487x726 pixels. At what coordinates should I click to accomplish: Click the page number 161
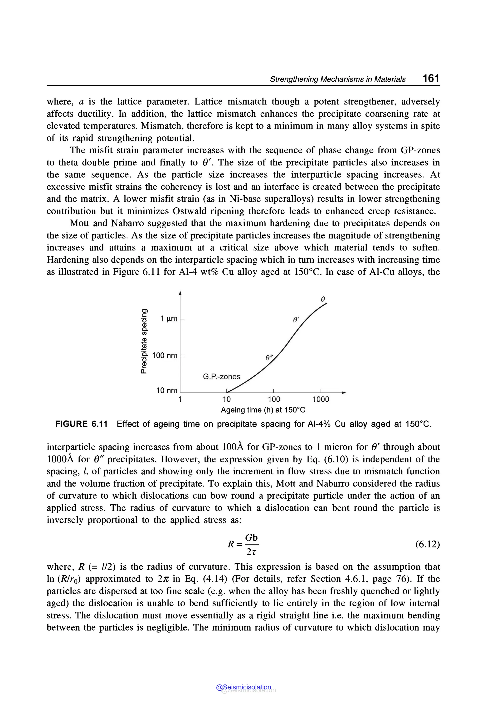coord(431,78)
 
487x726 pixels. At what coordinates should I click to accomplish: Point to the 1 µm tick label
coord(169,318)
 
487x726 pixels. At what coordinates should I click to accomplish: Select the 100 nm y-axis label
coord(165,355)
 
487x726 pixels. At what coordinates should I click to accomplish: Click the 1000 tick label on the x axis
coord(321,399)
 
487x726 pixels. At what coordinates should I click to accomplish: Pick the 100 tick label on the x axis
coord(274,399)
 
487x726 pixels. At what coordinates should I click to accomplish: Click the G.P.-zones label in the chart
coord(221,377)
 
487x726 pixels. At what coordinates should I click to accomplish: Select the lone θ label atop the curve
coord(323,299)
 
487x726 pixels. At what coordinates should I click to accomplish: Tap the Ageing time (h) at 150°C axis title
coord(263,410)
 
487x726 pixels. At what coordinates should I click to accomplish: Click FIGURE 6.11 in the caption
coord(81,424)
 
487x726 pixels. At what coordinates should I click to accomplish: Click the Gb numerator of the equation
coord(251,537)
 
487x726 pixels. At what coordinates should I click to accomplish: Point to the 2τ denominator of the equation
coord(251,552)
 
